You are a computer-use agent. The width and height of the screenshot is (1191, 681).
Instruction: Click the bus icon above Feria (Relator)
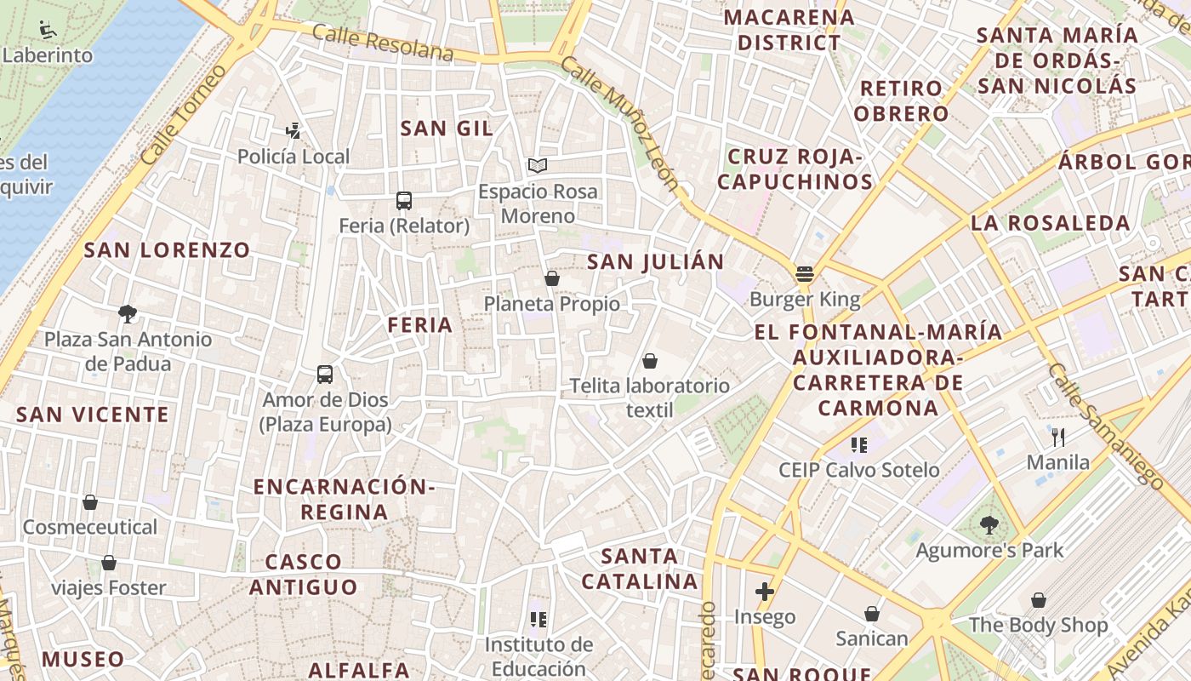point(404,201)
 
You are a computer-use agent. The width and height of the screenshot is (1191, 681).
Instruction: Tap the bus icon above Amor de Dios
point(325,375)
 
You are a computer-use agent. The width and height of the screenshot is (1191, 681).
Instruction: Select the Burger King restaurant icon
point(805,274)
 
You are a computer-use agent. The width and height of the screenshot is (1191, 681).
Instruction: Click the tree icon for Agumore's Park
point(989,524)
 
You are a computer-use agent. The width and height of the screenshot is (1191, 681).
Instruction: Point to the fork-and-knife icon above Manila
point(1058,438)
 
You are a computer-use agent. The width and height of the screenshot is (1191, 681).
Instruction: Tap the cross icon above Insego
point(764,591)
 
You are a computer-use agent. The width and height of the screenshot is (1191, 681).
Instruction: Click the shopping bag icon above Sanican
point(872,613)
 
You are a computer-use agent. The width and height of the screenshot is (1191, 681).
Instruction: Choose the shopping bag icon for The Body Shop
point(1038,600)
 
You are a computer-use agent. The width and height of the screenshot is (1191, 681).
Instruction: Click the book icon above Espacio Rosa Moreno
point(537,165)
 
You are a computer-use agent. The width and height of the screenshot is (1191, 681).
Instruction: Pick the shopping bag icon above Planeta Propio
point(551,278)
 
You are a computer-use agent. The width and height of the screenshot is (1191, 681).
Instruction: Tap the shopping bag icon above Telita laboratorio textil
point(650,361)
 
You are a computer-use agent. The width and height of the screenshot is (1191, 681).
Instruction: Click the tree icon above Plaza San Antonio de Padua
point(128,314)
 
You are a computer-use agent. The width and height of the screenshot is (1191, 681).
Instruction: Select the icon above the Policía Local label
point(293,131)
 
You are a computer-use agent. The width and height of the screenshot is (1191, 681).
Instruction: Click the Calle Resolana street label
point(383,43)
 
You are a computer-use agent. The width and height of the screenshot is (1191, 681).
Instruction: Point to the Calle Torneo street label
point(184,114)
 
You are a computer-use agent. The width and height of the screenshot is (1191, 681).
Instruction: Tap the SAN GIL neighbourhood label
point(447,129)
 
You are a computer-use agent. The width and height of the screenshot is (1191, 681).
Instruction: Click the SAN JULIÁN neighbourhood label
point(655,262)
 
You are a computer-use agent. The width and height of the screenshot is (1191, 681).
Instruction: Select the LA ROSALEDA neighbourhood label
point(1051,223)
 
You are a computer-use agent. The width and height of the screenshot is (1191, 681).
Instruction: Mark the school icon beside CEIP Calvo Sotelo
point(859,444)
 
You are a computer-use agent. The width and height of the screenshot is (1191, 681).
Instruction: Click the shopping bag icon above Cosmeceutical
point(90,502)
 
